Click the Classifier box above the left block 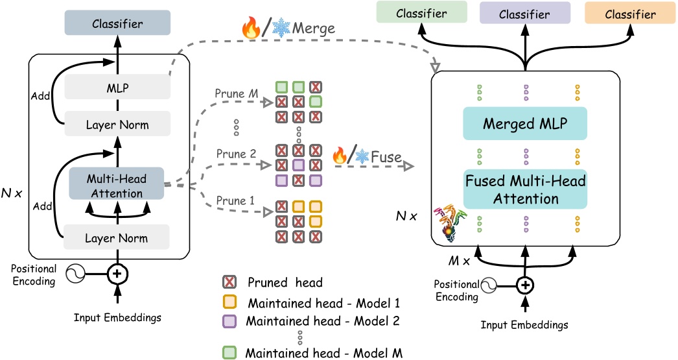(x=118, y=23)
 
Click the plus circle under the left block (x=117, y=274)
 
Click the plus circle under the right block (x=525, y=285)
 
